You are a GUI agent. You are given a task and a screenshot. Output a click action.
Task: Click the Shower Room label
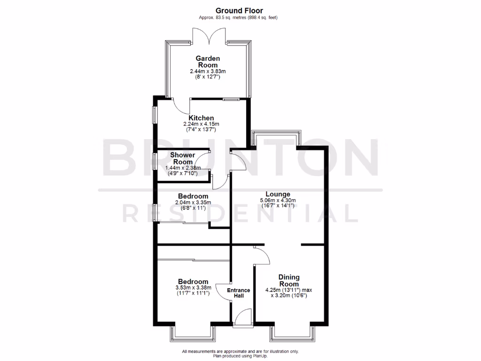click(183, 158)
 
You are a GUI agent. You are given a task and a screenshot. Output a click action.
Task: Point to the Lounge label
click(278, 194)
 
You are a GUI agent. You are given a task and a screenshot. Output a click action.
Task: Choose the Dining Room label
click(288, 281)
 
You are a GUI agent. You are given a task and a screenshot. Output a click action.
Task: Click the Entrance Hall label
click(239, 293)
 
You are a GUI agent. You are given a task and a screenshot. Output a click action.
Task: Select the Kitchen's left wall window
click(154, 115)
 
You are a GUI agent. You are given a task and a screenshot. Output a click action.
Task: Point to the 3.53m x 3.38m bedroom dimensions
click(193, 290)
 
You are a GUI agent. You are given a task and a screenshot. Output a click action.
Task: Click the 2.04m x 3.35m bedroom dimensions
click(193, 205)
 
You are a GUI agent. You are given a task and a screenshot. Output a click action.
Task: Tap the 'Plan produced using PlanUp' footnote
click(240, 356)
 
